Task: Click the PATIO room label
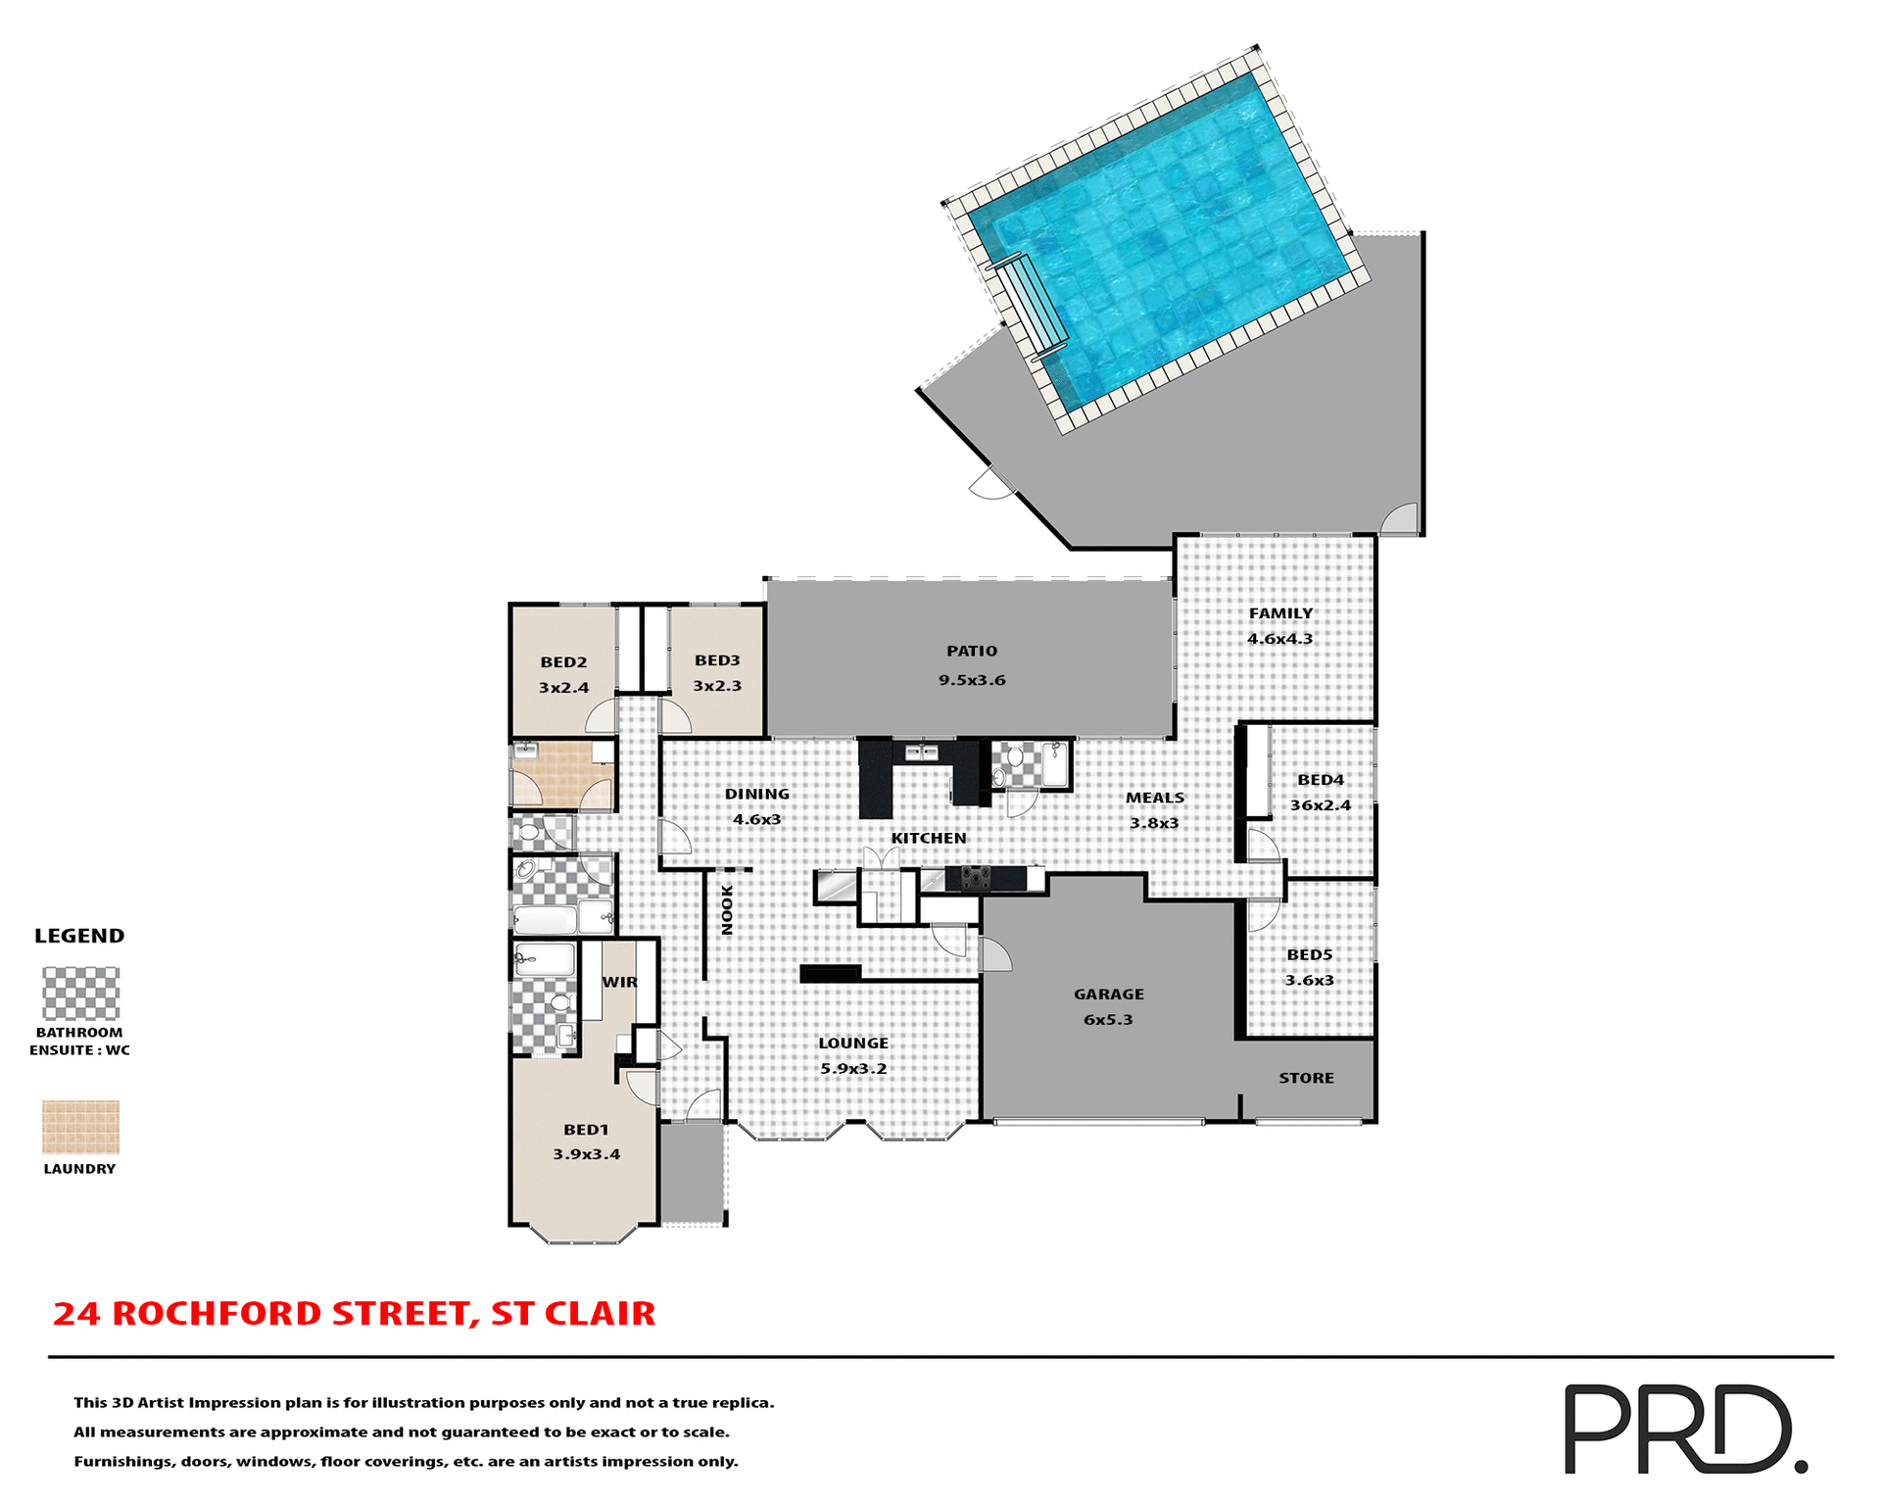[972, 652]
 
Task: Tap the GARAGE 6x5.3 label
[1108, 1007]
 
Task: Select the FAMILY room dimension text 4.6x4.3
[1279, 639]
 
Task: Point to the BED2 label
[563, 662]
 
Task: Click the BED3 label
[717, 661]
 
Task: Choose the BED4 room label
[1321, 780]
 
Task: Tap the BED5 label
[1310, 954]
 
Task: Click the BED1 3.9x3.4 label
[586, 1142]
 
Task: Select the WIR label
[619, 982]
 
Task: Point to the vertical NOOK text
[727, 909]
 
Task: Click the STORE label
[1306, 1078]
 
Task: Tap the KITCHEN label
[928, 838]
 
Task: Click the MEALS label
[1154, 798]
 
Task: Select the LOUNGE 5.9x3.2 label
[853, 1056]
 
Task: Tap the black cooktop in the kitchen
[975, 878]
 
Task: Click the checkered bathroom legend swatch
[80, 994]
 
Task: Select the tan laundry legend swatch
[80, 1127]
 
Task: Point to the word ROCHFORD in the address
[217, 1313]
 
